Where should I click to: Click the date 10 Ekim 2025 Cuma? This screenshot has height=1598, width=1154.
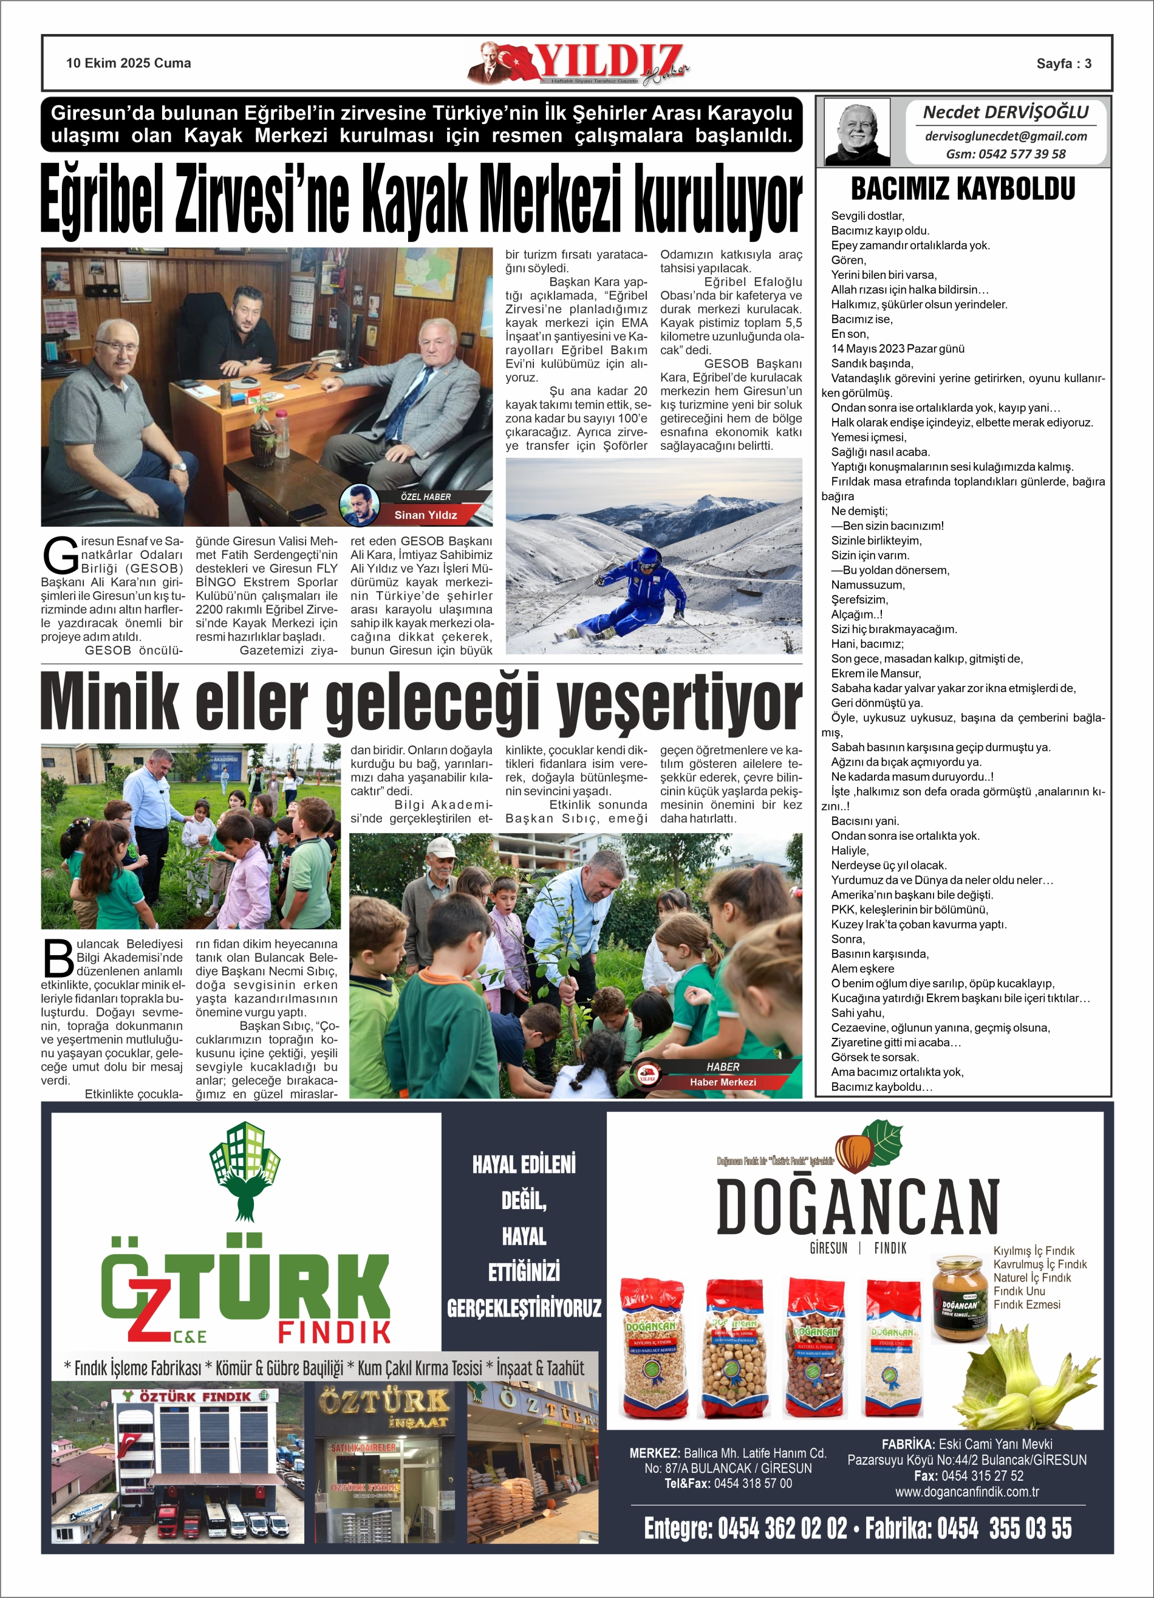(128, 63)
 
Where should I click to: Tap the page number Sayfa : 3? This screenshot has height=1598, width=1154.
(1063, 63)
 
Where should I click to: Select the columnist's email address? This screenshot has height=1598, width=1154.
(1005, 136)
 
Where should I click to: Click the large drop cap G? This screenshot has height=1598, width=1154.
(60, 555)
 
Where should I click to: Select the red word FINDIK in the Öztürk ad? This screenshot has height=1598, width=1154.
(334, 1332)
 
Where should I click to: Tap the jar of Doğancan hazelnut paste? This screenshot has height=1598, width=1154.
(960, 1298)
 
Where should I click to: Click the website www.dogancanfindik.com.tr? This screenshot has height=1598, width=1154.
(966, 1492)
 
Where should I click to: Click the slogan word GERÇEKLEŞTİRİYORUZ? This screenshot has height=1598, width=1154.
(524, 1308)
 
